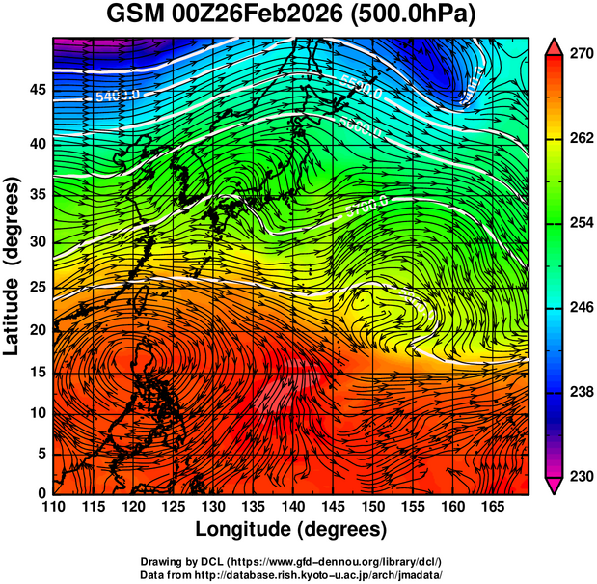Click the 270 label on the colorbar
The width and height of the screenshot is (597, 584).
[x=576, y=54]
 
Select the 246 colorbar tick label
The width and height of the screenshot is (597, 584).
[x=576, y=307]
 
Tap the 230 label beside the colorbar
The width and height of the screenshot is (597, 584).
[x=576, y=476]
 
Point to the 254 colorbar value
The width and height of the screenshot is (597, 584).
[x=576, y=223]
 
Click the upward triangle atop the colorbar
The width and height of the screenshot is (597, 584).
[x=554, y=45]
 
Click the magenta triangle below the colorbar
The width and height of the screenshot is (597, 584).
[x=554, y=486]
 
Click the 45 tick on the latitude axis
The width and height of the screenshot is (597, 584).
[x=36, y=90]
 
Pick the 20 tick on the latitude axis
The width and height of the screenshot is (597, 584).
[x=36, y=329]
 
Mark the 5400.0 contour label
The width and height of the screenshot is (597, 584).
[x=119, y=96]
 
